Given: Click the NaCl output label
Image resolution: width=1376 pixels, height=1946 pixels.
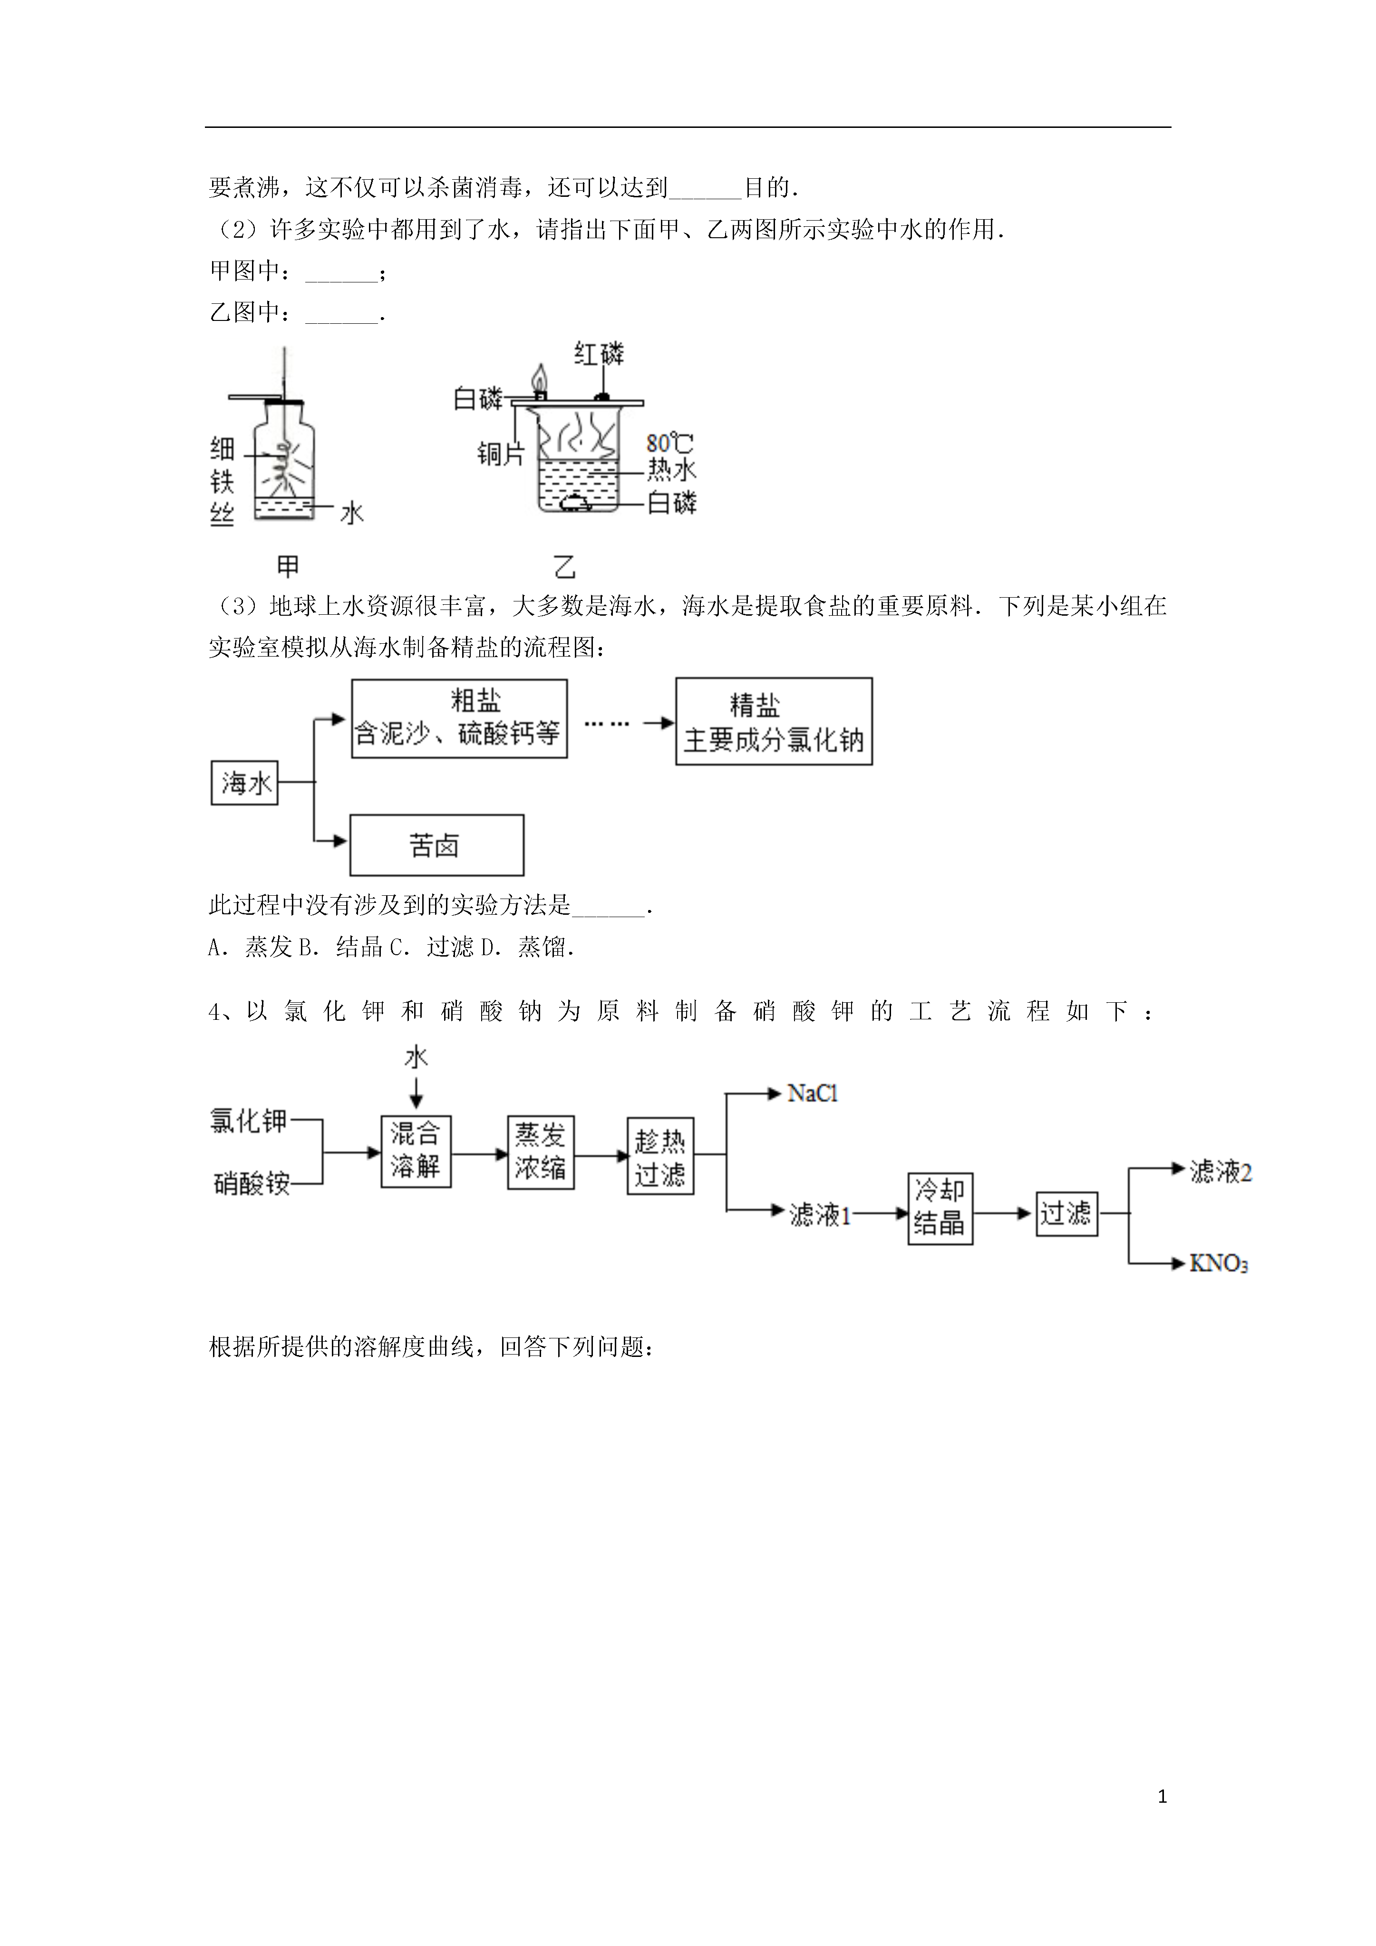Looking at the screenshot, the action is (x=812, y=1094).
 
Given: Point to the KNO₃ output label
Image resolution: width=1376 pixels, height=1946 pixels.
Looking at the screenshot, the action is (x=1218, y=1264).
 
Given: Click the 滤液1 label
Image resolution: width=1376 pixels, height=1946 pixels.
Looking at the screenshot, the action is (x=820, y=1215).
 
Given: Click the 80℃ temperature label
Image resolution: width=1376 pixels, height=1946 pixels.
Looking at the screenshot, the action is (x=670, y=443).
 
